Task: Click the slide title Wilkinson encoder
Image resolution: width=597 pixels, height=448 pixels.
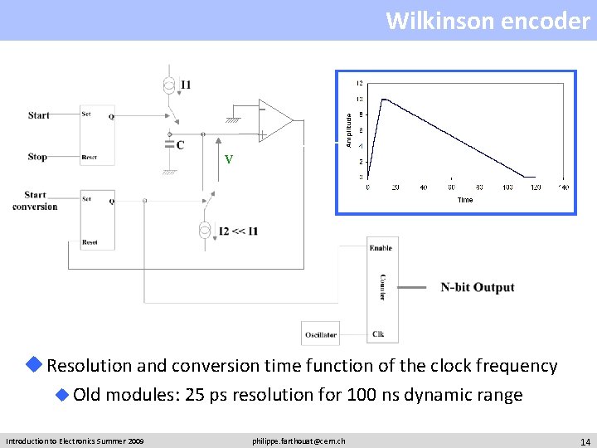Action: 488,20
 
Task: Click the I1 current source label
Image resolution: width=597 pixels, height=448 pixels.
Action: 185,85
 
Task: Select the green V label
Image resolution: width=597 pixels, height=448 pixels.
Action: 228,159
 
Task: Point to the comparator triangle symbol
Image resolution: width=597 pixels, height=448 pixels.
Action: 274,120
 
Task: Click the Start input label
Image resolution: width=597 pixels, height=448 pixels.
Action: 38,115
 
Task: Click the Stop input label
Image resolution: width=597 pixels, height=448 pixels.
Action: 37,157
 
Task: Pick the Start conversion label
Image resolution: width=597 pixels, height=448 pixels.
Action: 35,201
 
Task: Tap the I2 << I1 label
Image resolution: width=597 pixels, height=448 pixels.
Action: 238,231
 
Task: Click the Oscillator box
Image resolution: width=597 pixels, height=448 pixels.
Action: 320,335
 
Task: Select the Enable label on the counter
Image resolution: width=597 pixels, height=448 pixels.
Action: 381,248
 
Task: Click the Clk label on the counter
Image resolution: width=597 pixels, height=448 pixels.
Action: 378,335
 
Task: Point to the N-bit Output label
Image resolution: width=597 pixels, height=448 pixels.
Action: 478,288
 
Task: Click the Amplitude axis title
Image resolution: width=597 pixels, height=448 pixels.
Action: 349,131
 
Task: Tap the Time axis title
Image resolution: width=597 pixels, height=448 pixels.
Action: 465,200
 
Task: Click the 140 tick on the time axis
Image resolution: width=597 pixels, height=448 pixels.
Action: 563,187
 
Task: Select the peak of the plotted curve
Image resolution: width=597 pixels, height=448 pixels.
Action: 382,100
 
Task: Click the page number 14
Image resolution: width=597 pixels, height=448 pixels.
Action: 585,441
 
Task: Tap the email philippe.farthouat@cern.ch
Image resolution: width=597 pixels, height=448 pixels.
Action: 298,441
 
